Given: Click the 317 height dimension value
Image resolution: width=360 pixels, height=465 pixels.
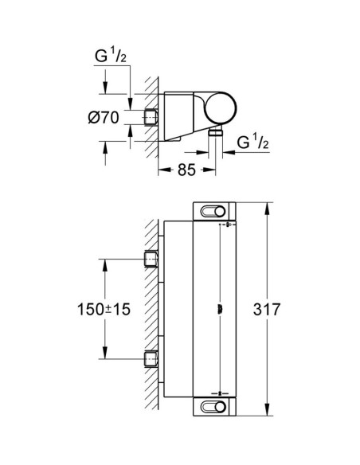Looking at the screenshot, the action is (267, 309).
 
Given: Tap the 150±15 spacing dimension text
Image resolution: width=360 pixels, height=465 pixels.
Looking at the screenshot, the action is (104, 309).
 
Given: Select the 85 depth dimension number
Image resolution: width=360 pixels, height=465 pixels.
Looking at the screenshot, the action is (187, 170).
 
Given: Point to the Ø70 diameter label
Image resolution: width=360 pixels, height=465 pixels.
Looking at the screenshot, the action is (104, 117).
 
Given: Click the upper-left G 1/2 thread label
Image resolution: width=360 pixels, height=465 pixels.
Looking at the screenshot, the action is (111, 55).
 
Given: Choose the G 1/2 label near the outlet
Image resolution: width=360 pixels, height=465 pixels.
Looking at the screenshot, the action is (252, 142).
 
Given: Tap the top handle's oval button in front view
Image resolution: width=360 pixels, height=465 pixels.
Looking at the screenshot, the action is (213, 212).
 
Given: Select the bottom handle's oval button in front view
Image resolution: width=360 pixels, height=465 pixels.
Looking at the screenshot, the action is (213, 407).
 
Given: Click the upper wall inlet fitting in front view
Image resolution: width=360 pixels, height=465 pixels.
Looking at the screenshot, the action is (151, 259).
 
